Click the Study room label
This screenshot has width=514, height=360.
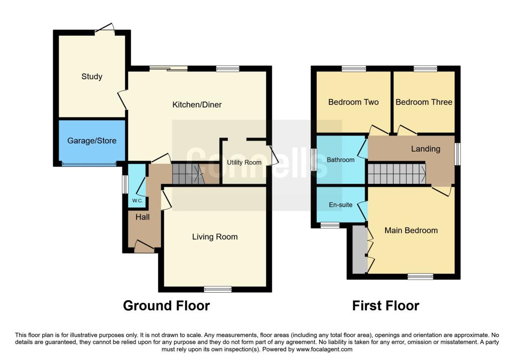92,77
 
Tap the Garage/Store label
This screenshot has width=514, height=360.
92,141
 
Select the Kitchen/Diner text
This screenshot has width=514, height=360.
197,105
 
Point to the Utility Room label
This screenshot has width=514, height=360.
244,163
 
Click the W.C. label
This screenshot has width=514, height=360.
138,201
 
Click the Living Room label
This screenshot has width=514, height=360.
215,237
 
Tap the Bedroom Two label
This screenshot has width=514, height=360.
353,102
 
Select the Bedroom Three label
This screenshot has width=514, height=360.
424,102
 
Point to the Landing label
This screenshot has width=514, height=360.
425,149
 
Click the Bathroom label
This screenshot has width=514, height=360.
340,160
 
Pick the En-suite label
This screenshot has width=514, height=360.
340,205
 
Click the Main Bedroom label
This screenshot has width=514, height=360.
411,230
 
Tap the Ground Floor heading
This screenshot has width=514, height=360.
166,305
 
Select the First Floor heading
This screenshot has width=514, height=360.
385,305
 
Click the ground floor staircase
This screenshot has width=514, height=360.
186,174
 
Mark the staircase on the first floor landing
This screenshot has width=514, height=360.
396,174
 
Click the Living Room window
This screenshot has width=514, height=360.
218,289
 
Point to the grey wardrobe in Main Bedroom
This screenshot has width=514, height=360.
359,250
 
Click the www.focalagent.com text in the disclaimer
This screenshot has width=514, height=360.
324,350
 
